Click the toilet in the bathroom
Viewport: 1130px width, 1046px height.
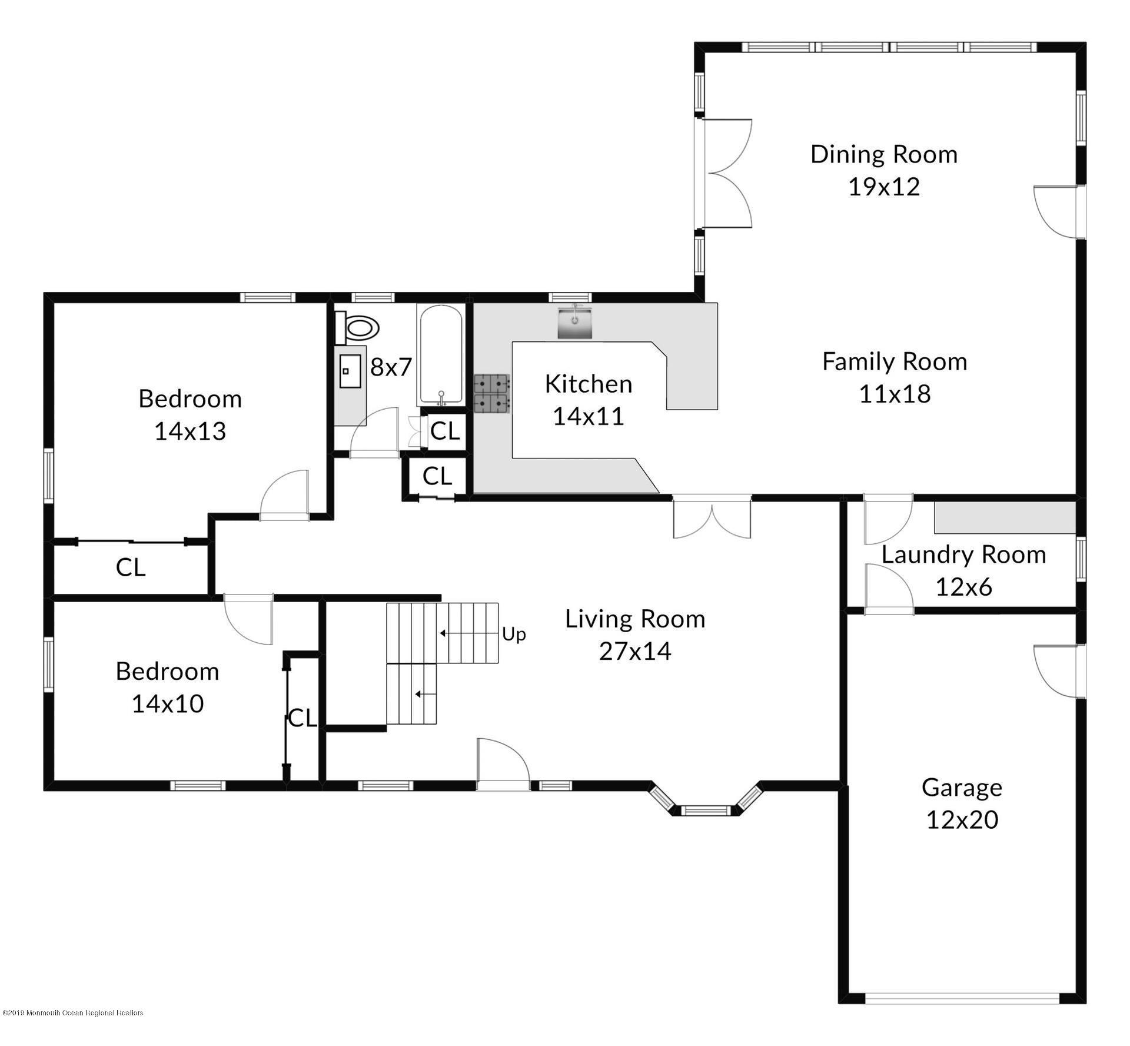pyautogui.click(x=357, y=328)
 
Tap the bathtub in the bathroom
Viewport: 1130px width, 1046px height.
pyautogui.click(x=441, y=355)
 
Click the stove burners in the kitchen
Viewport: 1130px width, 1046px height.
pyautogui.click(x=492, y=393)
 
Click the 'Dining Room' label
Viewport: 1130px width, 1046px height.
pyautogui.click(x=884, y=154)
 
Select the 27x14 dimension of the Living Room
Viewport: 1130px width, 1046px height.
pyautogui.click(x=635, y=651)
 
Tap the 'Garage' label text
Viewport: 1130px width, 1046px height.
pyautogui.click(x=962, y=788)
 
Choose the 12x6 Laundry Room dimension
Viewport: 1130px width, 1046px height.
pyautogui.click(x=964, y=586)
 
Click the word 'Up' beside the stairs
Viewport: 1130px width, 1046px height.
pyautogui.click(x=514, y=635)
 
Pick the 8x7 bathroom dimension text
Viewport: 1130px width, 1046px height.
pyautogui.click(x=391, y=367)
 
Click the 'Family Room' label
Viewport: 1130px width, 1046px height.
pyautogui.click(x=895, y=362)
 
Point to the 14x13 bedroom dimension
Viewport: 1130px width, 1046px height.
pyautogui.click(x=190, y=431)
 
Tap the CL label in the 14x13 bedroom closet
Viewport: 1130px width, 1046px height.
pyautogui.click(x=130, y=567)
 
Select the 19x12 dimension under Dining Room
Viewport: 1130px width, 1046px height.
pyautogui.click(x=884, y=187)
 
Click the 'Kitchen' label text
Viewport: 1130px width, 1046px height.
pyautogui.click(x=589, y=384)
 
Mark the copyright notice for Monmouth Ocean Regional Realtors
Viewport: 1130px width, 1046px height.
pyautogui.click(x=73, y=1013)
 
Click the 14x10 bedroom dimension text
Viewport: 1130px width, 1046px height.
pyautogui.click(x=168, y=703)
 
